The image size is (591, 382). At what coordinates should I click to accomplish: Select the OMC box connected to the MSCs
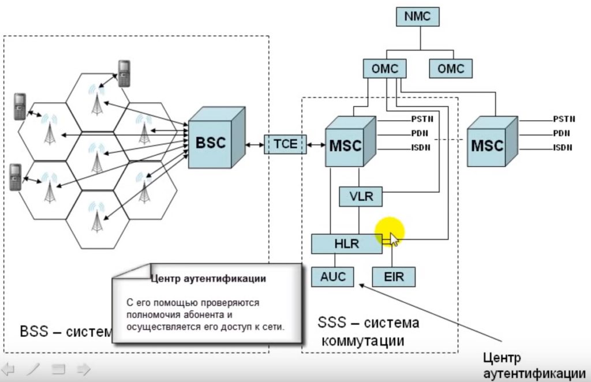pos(385,69)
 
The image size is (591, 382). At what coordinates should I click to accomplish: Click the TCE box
pos(285,144)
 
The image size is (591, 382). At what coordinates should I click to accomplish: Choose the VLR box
pos(361,197)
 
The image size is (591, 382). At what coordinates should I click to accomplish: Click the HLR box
pos(346,244)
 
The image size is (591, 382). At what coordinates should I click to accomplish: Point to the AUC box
pos(333,277)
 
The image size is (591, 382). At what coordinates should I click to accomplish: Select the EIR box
pos(394,277)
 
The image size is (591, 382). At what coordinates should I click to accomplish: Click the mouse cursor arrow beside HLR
pos(394,238)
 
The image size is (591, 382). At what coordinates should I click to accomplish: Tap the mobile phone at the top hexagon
pos(124,73)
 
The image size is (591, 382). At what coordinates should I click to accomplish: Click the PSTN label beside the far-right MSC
pos(564,119)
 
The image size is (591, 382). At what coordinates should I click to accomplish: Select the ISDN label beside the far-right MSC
pos(563,148)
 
